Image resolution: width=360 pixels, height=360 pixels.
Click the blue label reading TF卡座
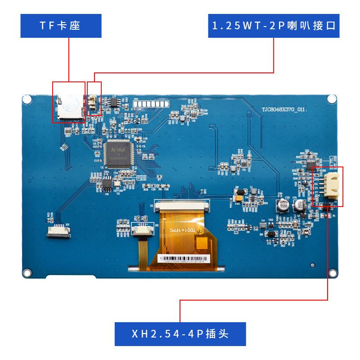(61, 26)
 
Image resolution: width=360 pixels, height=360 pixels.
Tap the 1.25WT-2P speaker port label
(274, 26)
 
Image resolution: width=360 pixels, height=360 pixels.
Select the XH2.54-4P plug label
(180, 334)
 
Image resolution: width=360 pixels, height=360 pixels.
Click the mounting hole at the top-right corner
(332, 99)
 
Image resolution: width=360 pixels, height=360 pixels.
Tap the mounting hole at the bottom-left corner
(27, 273)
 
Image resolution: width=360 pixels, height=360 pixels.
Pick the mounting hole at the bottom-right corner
(333, 273)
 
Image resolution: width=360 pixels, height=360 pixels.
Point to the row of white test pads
(150, 104)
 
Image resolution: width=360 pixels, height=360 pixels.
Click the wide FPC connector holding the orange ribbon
(182, 207)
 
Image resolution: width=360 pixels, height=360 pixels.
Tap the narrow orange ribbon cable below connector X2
(143, 250)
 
